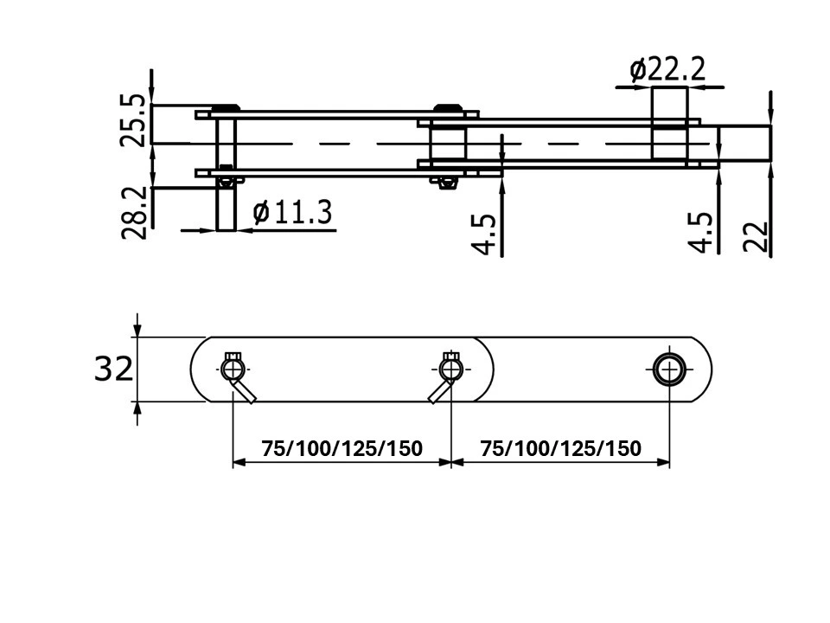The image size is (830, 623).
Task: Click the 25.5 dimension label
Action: coord(131,120)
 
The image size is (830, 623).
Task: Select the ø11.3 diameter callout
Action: coord(292,212)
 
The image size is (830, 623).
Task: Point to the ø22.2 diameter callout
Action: coord(667,69)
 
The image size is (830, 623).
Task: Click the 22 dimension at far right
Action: coord(756,236)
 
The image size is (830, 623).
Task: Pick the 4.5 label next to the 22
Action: coord(701,233)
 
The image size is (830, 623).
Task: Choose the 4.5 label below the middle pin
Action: coord(483,234)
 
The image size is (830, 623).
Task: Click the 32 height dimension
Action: coord(113,369)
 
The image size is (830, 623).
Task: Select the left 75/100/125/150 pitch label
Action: coord(342,449)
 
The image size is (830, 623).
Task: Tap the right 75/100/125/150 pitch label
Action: coord(560,449)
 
